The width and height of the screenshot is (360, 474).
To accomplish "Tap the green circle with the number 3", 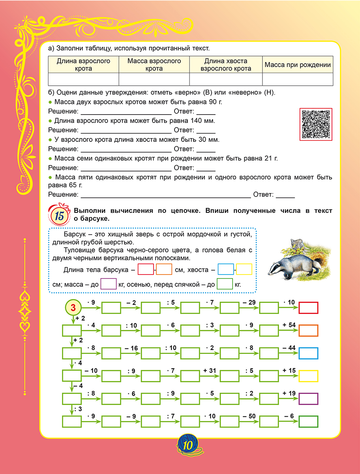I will (x=73, y=307).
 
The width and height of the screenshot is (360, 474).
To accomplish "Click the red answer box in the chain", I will (x=308, y=307).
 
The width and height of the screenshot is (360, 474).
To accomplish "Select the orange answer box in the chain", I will (x=308, y=330).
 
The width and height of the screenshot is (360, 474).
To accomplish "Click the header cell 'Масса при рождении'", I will (x=297, y=65).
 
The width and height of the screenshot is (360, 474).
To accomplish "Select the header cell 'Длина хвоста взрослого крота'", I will (x=226, y=65).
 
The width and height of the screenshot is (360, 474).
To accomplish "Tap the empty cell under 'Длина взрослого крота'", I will (x=83, y=79).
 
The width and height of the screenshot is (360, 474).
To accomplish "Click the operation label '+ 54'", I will (x=289, y=325).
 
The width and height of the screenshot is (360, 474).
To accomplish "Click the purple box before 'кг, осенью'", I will (x=109, y=284).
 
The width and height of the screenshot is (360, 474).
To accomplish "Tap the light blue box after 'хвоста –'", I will (x=225, y=270).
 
